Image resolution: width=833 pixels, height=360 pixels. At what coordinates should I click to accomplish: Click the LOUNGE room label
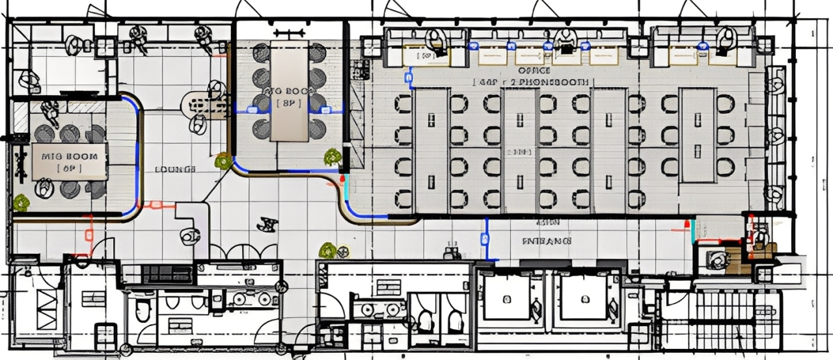click(175, 169)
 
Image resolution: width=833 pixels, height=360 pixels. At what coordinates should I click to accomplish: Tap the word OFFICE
click(535, 70)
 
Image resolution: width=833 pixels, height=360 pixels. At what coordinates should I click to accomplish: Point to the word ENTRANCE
click(547, 241)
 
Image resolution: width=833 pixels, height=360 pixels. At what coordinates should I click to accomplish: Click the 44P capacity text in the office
click(487, 83)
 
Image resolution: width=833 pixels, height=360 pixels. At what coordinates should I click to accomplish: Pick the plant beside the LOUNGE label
click(224, 160)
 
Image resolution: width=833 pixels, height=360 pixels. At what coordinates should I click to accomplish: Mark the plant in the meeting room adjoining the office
click(333, 156)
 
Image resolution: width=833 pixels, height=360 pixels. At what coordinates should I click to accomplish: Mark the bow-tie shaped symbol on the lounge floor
click(266, 225)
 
